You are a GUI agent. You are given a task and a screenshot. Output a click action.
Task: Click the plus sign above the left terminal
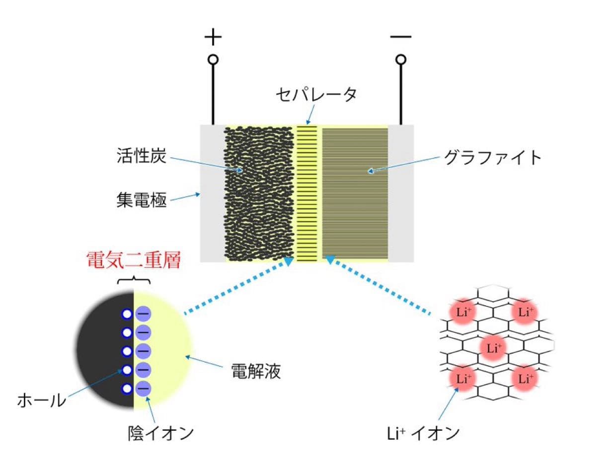point(213,37)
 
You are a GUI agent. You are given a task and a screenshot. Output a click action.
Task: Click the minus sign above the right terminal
point(400,37)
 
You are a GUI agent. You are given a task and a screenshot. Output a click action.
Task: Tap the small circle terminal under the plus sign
point(213,60)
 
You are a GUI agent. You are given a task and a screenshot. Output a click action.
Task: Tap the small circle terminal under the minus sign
point(401,60)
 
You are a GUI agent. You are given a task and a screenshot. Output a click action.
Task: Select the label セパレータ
point(316,94)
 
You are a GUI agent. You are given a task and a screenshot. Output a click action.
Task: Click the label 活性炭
point(142,155)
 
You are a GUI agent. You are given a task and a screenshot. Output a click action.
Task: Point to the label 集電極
point(142,199)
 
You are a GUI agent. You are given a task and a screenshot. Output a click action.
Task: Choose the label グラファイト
point(492,157)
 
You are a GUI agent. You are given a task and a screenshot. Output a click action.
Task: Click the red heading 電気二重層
point(134,260)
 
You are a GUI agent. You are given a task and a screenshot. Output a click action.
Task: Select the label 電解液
point(256,371)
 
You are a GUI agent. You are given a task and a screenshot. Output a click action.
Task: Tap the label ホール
point(42,400)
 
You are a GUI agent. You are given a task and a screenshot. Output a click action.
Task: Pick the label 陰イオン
point(161,433)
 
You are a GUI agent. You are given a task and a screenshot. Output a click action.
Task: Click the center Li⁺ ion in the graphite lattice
point(494,348)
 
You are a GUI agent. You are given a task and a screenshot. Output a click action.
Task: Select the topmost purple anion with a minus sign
point(143,314)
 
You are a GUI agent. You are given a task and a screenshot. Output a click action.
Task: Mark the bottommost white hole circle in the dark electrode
point(127,389)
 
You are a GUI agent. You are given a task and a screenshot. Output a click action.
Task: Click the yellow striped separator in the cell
point(307,194)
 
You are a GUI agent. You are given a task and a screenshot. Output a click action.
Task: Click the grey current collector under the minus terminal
point(401,193)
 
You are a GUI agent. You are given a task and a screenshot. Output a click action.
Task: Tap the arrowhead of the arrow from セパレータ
point(308,122)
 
